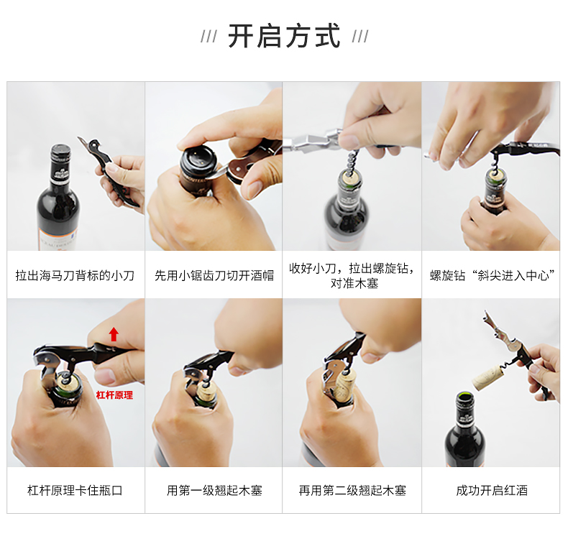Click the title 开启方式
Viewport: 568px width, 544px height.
click(285, 36)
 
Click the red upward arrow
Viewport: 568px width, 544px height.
click(114, 334)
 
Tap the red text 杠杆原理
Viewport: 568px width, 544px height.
click(114, 395)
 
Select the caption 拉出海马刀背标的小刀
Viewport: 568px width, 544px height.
click(75, 276)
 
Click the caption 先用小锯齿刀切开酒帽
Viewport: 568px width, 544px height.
click(214, 276)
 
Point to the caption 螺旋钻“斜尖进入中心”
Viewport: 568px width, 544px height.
click(492, 276)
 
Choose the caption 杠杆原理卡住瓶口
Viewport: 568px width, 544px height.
click(75, 490)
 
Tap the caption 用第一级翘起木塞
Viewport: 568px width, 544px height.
click(214, 490)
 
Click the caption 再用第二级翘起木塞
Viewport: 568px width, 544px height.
click(352, 490)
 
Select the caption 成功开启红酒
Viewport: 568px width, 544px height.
click(492, 490)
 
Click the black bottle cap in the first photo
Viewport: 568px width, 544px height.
click(60, 152)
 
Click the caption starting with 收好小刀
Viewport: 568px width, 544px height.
click(352, 276)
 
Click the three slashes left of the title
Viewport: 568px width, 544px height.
click(209, 37)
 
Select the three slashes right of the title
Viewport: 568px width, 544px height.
click(360, 37)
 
